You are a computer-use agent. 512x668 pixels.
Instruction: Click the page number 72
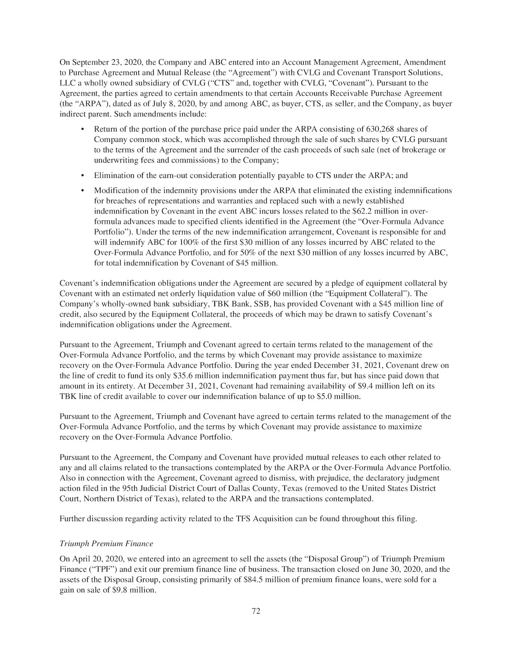click(x=256, y=611)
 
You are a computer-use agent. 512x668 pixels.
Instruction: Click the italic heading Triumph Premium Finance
click(x=106, y=544)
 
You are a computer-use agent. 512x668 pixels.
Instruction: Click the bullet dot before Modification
click(x=83, y=190)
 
